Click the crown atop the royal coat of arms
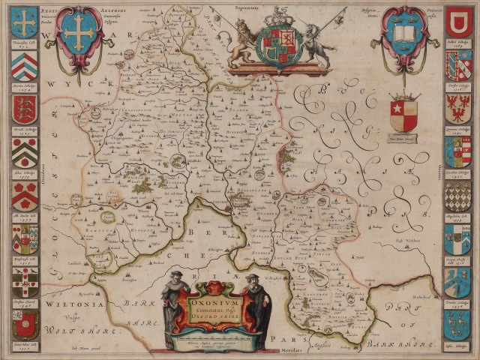tap(280, 16)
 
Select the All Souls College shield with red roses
tap(25, 196)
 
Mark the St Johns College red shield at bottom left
tap(25, 324)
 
